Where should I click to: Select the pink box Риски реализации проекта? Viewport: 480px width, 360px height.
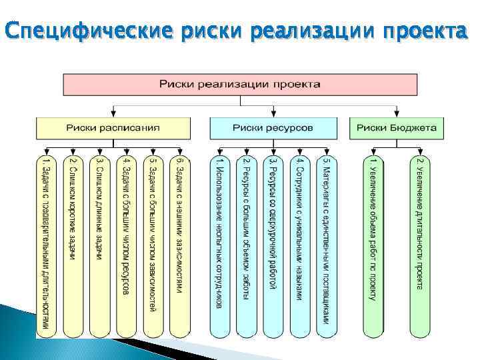pos(240,85)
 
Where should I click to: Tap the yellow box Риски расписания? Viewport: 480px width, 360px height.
pos(113,127)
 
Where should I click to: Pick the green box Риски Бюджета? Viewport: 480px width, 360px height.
pos(397,127)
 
